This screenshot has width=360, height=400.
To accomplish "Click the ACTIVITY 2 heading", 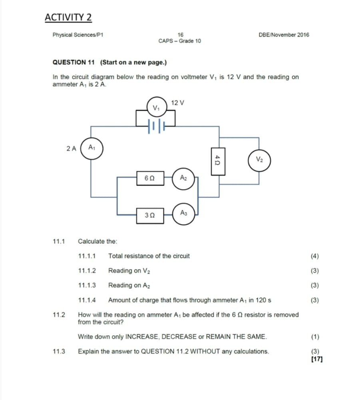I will tap(68, 18).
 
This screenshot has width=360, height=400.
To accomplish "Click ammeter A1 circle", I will tap(92, 148).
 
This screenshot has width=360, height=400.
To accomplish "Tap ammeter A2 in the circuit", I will tap(183, 178).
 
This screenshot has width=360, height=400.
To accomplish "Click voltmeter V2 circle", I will tap(259, 160).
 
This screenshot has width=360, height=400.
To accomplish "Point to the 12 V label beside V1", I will tap(177, 103).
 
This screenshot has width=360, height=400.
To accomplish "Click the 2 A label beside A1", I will tap(71, 148).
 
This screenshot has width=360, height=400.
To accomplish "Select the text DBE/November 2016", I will tap(284, 35).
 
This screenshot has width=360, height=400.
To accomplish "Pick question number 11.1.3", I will tap(87, 285).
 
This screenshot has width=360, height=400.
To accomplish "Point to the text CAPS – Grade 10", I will tap(180, 41).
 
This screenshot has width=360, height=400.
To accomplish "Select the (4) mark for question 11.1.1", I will tap(315, 256).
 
